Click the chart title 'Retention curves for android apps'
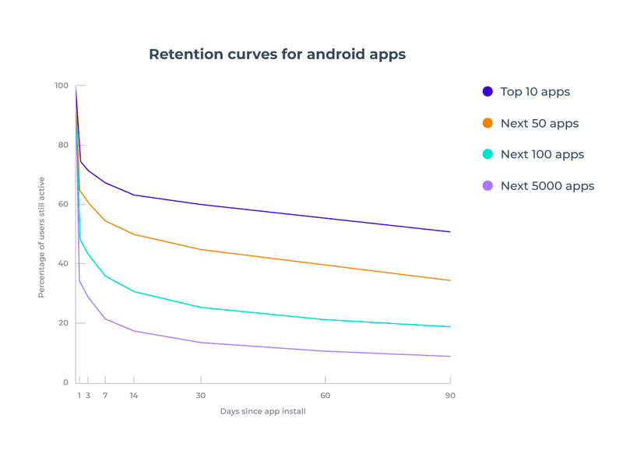tap(277, 55)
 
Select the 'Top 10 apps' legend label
tap(535, 92)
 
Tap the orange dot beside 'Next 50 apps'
tap(487, 123)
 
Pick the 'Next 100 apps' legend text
tap(542, 154)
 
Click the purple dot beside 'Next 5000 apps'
tap(487, 186)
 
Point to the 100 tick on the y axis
tap(61, 86)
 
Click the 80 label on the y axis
tap(63, 145)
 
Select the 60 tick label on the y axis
tap(63, 204)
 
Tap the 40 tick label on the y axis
tap(63, 264)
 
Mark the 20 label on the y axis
tap(63, 323)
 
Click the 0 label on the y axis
tap(65, 382)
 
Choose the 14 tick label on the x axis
tap(134, 396)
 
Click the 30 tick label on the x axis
tap(201, 396)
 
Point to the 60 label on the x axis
tap(325, 396)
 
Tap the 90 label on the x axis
tap(450, 396)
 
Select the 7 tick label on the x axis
tap(105, 396)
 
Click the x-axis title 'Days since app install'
tap(262, 411)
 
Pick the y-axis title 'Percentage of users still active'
tap(42, 238)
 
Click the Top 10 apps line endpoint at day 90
tap(450, 232)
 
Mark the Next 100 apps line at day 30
tap(201, 308)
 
